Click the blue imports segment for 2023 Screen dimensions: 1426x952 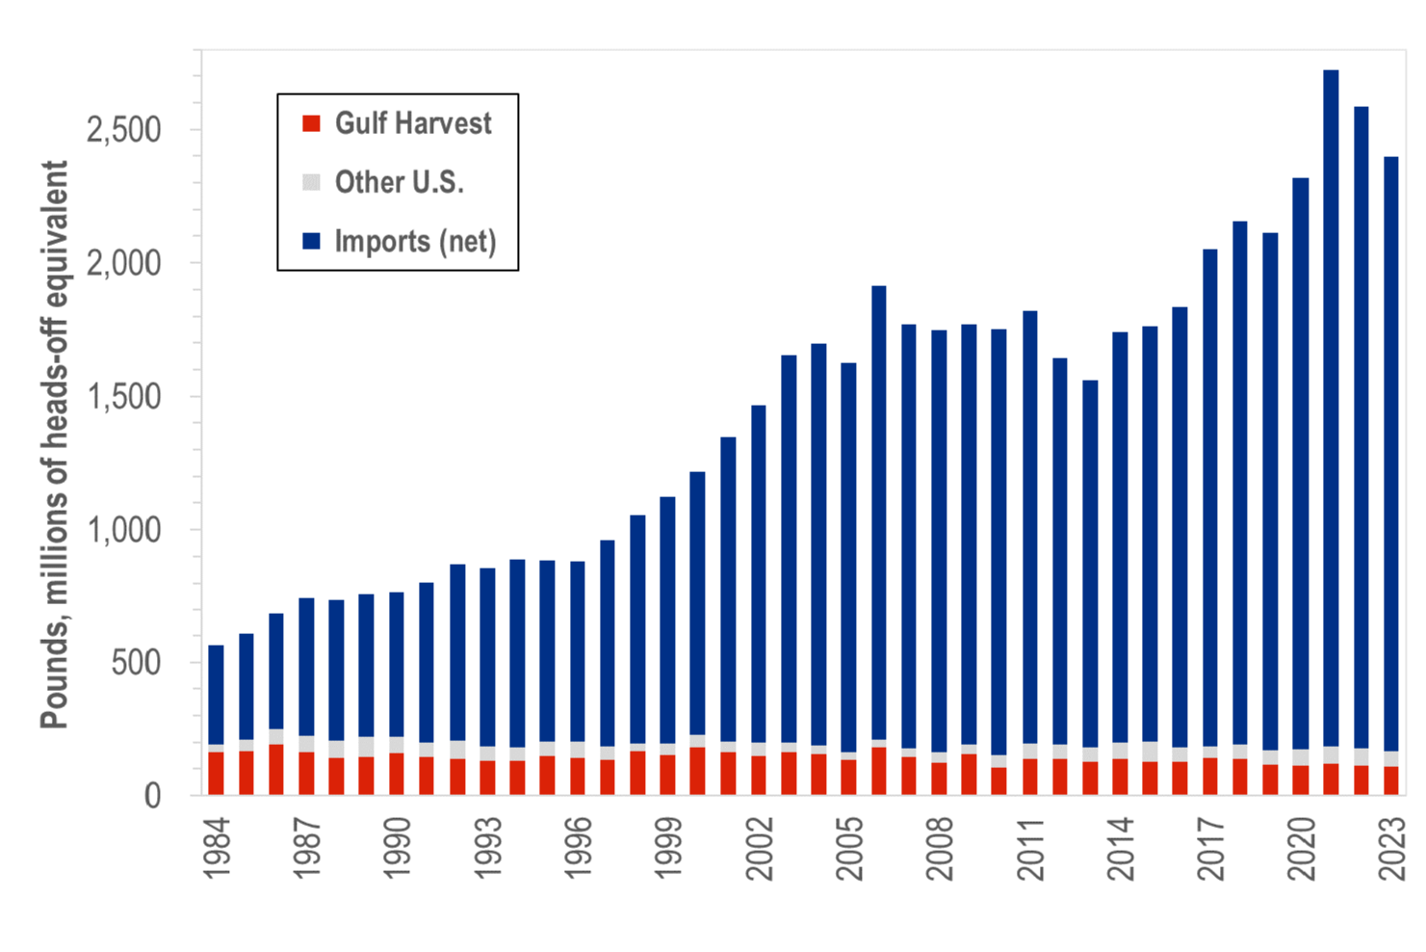coord(1391,454)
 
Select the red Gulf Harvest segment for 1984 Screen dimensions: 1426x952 coord(216,774)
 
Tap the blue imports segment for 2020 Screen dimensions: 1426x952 coord(1301,463)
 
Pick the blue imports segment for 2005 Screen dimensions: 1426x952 coord(848,558)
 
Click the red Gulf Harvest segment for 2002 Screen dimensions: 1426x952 coord(758,776)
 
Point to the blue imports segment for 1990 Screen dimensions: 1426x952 coord(397,665)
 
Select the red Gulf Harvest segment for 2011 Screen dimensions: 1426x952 coord(1029,777)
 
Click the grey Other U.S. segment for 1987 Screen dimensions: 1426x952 coord(306,744)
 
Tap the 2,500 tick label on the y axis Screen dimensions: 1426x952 coord(123,131)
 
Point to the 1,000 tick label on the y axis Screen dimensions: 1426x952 coord(123,530)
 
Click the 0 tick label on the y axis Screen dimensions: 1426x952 coord(152,796)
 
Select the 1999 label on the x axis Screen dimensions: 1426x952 coord(668,849)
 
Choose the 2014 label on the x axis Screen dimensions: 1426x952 coord(1120,849)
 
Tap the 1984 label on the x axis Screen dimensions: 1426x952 coord(217,849)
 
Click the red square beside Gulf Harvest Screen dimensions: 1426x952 coord(311,123)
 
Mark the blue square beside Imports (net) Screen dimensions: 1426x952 coord(311,241)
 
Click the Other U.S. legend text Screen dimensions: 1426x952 coord(400,182)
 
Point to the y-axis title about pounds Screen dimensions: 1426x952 coord(54,445)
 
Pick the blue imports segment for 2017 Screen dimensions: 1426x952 coord(1210,497)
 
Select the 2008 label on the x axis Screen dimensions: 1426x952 coord(939,849)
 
